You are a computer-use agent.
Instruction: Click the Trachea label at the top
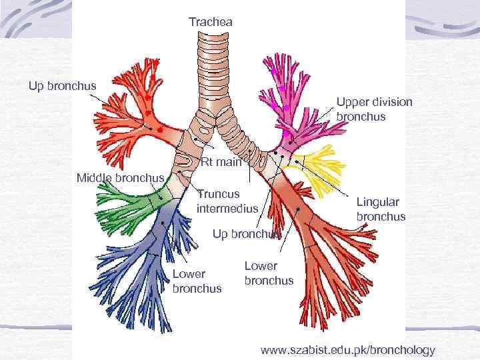(211, 23)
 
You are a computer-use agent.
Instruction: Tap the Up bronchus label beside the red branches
(62, 85)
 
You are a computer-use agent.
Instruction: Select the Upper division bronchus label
(374, 109)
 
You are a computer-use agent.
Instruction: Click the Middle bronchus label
(120, 178)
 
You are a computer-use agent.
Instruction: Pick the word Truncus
(218, 194)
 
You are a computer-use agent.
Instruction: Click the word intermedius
(227, 208)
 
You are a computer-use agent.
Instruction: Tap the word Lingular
(378, 201)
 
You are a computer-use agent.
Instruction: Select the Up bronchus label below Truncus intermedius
(246, 234)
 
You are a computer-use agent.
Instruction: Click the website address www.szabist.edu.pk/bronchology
(347, 349)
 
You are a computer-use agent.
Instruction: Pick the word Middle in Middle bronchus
(94, 178)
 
